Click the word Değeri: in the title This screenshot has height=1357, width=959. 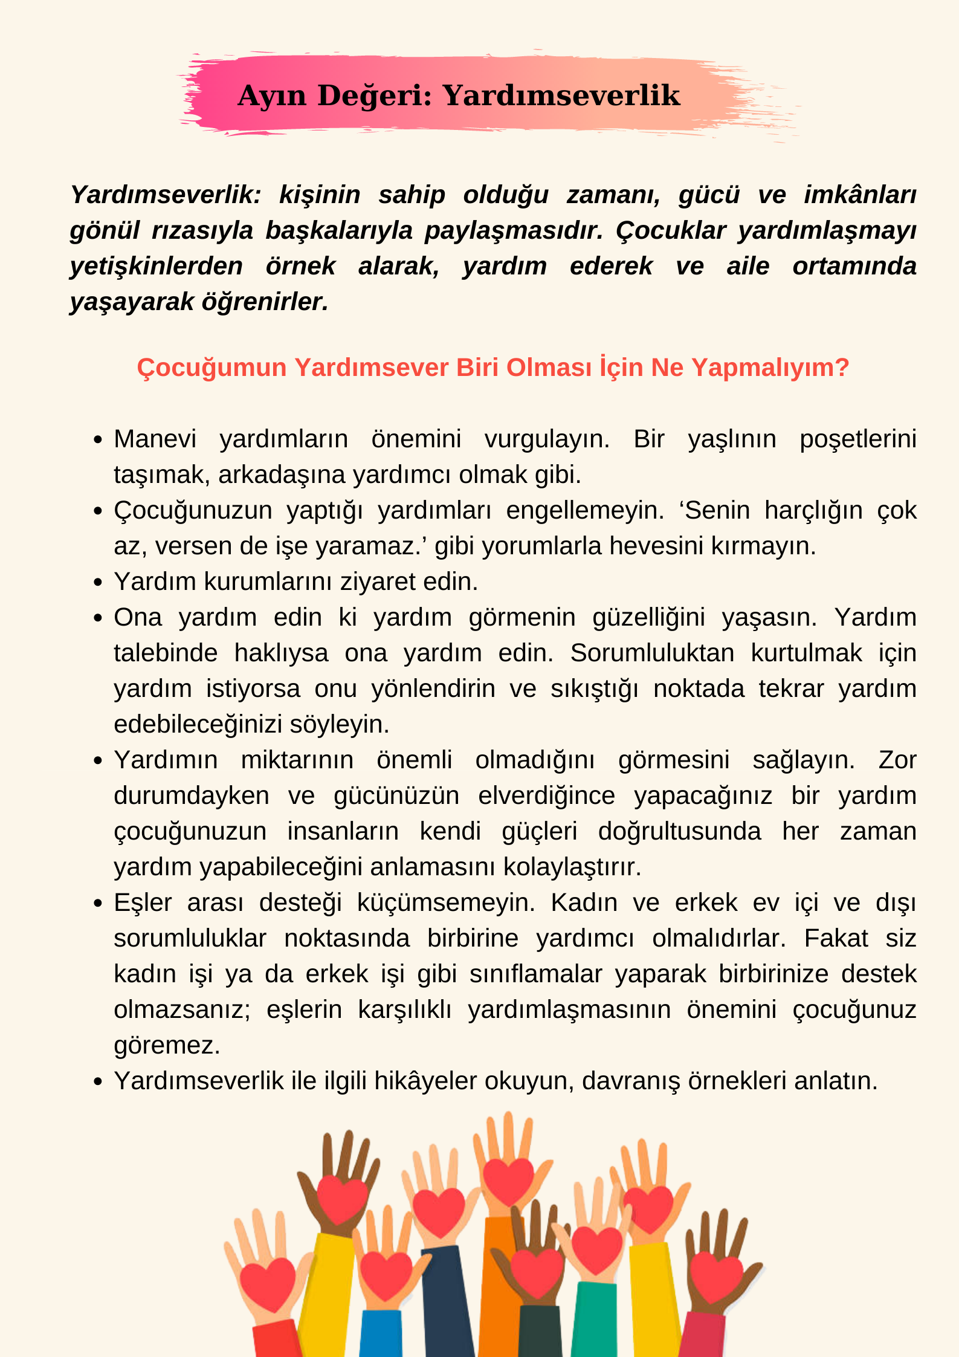click(x=375, y=96)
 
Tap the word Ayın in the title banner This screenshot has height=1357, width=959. click(x=272, y=96)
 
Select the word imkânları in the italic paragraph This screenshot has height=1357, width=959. click(x=860, y=195)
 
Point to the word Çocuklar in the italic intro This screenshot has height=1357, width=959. click(x=670, y=230)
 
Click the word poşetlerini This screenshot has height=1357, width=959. click(x=857, y=439)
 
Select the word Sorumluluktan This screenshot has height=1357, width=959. click(x=652, y=653)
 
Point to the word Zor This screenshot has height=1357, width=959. click(x=897, y=760)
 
